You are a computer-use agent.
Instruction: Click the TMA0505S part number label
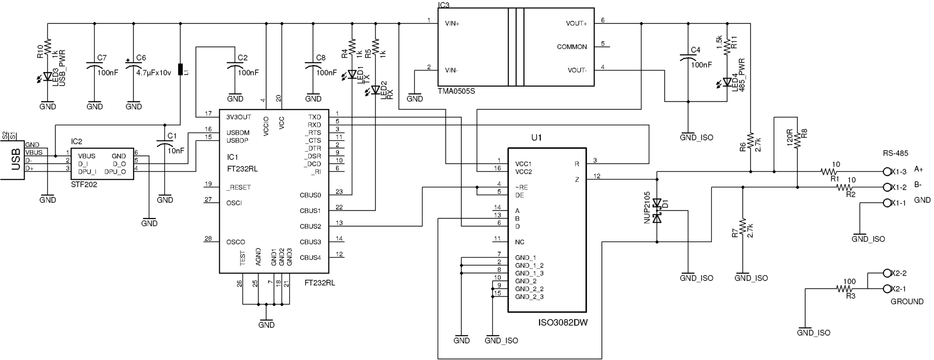tap(456, 91)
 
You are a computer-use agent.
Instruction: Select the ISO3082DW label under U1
tap(563, 323)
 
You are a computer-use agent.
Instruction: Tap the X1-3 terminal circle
tap(887, 172)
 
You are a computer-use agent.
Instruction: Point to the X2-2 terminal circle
tap(887, 273)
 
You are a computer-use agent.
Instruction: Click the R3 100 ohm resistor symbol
tap(845, 289)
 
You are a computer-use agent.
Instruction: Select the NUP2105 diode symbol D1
tap(657, 210)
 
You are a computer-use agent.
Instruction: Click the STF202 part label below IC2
tap(84, 185)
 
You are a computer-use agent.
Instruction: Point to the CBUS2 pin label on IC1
tap(310, 226)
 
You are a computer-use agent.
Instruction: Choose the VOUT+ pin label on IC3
tap(576, 23)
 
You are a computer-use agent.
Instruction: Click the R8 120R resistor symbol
tap(797, 141)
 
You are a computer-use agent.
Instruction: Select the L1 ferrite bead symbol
tap(180, 69)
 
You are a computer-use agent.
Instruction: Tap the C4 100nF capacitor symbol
tap(688, 58)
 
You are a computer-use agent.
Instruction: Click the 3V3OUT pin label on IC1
tap(239, 117)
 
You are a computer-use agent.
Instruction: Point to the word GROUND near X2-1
tap(907, 302)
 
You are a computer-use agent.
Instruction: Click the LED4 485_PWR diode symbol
tap(726, 83)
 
